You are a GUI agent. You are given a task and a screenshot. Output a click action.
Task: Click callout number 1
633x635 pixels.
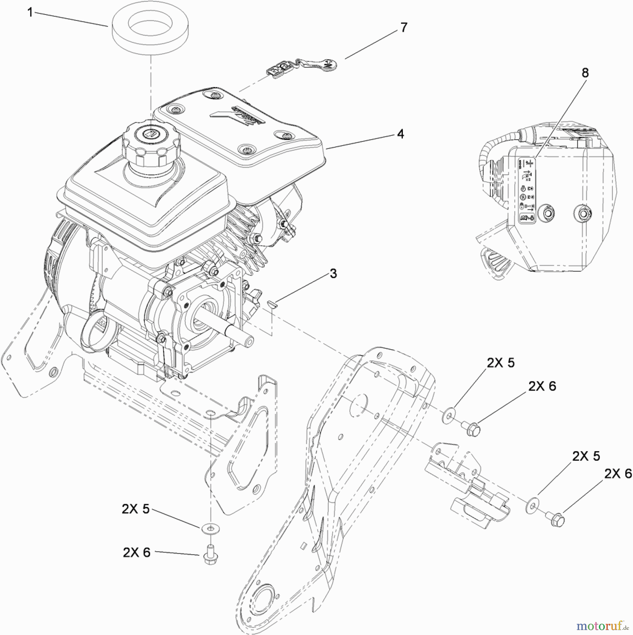click(30, 13)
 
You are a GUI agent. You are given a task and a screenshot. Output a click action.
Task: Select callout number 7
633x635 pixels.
click(404, 27)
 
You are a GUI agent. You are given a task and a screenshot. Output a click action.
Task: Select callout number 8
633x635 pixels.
click(585, 73)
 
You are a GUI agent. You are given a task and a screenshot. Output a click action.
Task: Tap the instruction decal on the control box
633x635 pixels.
click(526, 191)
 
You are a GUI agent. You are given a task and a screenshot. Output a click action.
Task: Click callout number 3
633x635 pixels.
click(333, 273)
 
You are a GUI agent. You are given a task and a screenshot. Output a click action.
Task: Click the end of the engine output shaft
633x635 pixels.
click(248, 340)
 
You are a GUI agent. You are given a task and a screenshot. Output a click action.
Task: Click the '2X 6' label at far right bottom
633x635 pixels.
click(618, 473)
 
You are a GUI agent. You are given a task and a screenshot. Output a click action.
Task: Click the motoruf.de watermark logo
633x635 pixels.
click(602, 625)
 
